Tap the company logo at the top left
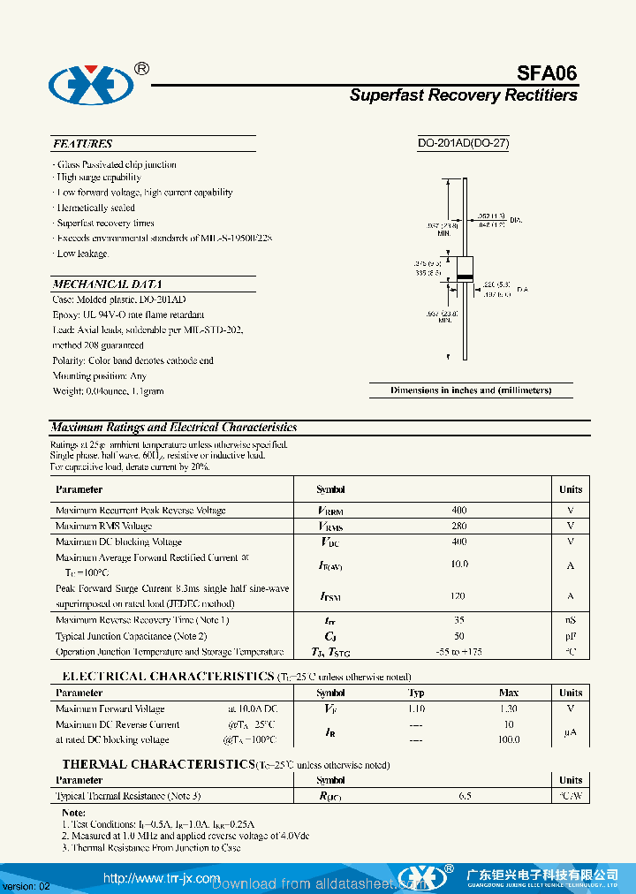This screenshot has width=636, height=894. [x=90, y=85]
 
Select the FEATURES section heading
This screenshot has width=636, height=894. [x=82, y=143]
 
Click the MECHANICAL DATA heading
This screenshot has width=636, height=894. [x=106, y=284]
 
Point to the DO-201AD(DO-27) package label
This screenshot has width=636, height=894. [x=464, y=143]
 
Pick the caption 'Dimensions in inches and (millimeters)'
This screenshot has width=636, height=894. [x=471, y=390]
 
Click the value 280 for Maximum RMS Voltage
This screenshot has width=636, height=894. [x=458, y=526]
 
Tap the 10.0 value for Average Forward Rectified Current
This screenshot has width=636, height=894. [x=458, y=564]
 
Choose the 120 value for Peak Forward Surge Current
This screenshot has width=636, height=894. [x=458, y=596]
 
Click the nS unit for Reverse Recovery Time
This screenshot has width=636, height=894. [x=570, y=620]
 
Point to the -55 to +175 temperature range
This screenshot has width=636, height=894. [x=458, y=651]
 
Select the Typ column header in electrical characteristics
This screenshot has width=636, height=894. [x=416, y=693]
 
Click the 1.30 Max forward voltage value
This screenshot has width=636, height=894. [x=509, y=708]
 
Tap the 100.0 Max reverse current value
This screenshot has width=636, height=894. [x=509, y=740]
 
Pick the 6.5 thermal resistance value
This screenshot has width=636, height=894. [x=465, y=796]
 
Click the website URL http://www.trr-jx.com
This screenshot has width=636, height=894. [x=161, y=878]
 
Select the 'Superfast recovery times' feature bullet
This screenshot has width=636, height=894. [x=105, y=223]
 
